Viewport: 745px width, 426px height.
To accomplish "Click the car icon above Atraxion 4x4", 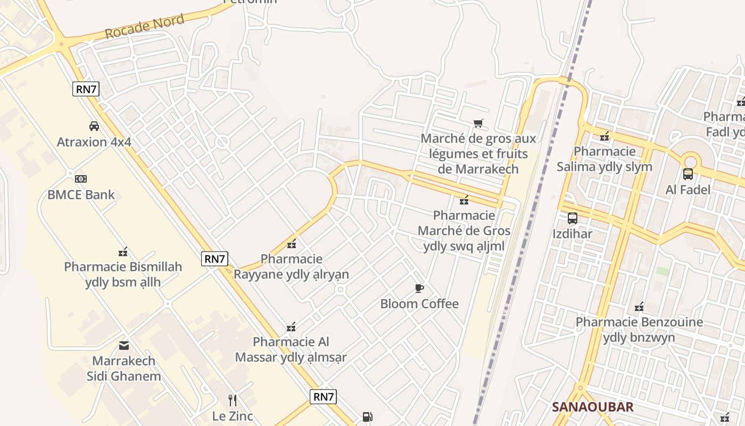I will (x=94, y=126).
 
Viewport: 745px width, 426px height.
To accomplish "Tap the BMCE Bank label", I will (x=81, y=194).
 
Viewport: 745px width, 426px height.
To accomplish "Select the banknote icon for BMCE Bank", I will (x=81, y=178).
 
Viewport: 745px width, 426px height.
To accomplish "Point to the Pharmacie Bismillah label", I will (x=123, y=274).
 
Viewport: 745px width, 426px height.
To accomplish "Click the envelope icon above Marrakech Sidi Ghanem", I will (x=124, y=346).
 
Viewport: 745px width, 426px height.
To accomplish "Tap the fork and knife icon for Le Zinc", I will (x=233, y=400).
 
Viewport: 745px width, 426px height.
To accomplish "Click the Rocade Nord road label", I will (x=144, y=27).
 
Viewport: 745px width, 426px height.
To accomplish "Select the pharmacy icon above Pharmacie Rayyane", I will (x=292, y=244).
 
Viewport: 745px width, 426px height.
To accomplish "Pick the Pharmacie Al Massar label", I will (x=291, y=349).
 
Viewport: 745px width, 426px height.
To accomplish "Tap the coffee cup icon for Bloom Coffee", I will (x=419, y=289).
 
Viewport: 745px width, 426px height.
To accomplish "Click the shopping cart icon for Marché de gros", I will (x=478, y=124).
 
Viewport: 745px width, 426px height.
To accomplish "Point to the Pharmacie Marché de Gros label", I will (x=464, y=231).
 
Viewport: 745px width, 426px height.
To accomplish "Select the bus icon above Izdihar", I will (x=573, y=218).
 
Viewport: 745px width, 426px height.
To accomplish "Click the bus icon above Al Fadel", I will (x=688, y=174).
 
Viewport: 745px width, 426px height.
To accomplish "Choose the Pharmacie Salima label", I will (x=605, y=159).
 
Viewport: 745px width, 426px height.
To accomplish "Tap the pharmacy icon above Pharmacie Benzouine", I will (x=639, y=307).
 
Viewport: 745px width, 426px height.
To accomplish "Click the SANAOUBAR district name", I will (x=593, y=407).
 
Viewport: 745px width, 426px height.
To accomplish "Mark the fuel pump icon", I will (x=367, y=417).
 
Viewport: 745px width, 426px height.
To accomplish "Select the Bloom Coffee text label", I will (x=419, y=304).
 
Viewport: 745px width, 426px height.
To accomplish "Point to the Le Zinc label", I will (x=233, y=416).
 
